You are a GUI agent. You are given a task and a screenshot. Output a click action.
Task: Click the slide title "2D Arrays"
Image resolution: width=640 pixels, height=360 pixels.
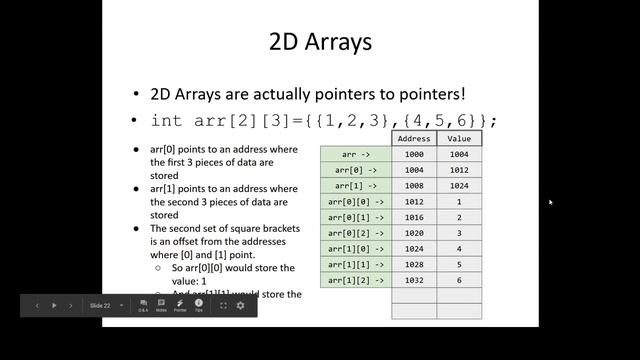(321, 42)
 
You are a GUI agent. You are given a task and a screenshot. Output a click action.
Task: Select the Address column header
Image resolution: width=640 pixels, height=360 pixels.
(414, 139)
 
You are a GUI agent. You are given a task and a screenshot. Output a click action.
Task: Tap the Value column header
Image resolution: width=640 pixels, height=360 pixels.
(459, 139)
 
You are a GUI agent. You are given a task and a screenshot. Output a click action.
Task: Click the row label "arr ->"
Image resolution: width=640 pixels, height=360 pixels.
(356, 155)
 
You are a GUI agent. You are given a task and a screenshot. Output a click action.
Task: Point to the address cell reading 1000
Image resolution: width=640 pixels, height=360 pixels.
(414, 155)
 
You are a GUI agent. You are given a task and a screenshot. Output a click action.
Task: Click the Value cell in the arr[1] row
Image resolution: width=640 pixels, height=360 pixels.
(459, 186)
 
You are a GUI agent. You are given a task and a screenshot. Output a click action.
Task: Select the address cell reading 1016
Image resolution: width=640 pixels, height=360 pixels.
(414, 217)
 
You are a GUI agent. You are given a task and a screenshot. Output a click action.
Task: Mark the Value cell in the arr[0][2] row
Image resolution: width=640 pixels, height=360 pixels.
(459, 233)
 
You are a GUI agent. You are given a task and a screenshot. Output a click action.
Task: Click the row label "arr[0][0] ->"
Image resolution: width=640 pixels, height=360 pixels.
(356, 202)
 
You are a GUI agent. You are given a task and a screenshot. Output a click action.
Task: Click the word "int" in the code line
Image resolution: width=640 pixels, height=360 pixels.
(166, 120)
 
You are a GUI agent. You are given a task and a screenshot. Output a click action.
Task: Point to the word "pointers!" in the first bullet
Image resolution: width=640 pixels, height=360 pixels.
(419, 94)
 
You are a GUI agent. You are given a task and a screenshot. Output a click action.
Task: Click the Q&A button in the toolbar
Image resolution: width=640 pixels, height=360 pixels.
(144, 305)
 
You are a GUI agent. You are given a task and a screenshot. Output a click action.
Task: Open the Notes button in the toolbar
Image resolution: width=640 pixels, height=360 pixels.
(162, 305)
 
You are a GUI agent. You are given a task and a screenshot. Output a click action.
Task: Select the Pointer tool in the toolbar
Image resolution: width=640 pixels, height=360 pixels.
(180, 305)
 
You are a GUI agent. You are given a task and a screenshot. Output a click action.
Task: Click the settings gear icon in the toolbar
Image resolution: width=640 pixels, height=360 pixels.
(240, 305)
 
